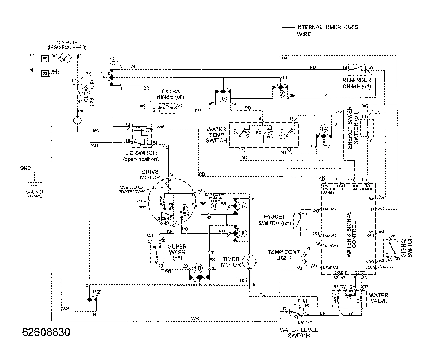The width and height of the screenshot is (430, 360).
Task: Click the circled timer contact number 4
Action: point(113,61)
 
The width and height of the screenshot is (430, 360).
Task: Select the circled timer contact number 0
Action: point(223,98)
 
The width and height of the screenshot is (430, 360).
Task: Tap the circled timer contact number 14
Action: point(324,129)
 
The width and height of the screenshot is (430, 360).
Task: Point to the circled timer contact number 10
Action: point(197,268)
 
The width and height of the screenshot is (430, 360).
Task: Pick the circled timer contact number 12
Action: point(95,291)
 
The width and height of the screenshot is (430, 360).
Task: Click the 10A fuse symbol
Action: point(65,57)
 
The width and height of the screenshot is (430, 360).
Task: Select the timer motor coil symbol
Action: point(247,262)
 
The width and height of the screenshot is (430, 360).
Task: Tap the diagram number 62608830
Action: point(46,332)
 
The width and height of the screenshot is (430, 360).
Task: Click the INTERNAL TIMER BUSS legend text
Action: point(327,27)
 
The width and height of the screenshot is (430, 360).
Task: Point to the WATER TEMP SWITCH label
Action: point(216,134)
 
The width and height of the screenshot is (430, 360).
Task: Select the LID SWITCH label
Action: point(141,154)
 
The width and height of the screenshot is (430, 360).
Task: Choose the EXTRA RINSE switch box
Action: point(167,108)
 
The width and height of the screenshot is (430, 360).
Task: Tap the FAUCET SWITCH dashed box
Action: point(301,222)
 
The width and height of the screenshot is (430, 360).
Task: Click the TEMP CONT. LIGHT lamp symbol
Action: point(305,256)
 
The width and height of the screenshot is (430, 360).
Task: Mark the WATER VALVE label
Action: point(379,298)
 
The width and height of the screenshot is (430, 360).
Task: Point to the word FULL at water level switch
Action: point(303,300)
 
